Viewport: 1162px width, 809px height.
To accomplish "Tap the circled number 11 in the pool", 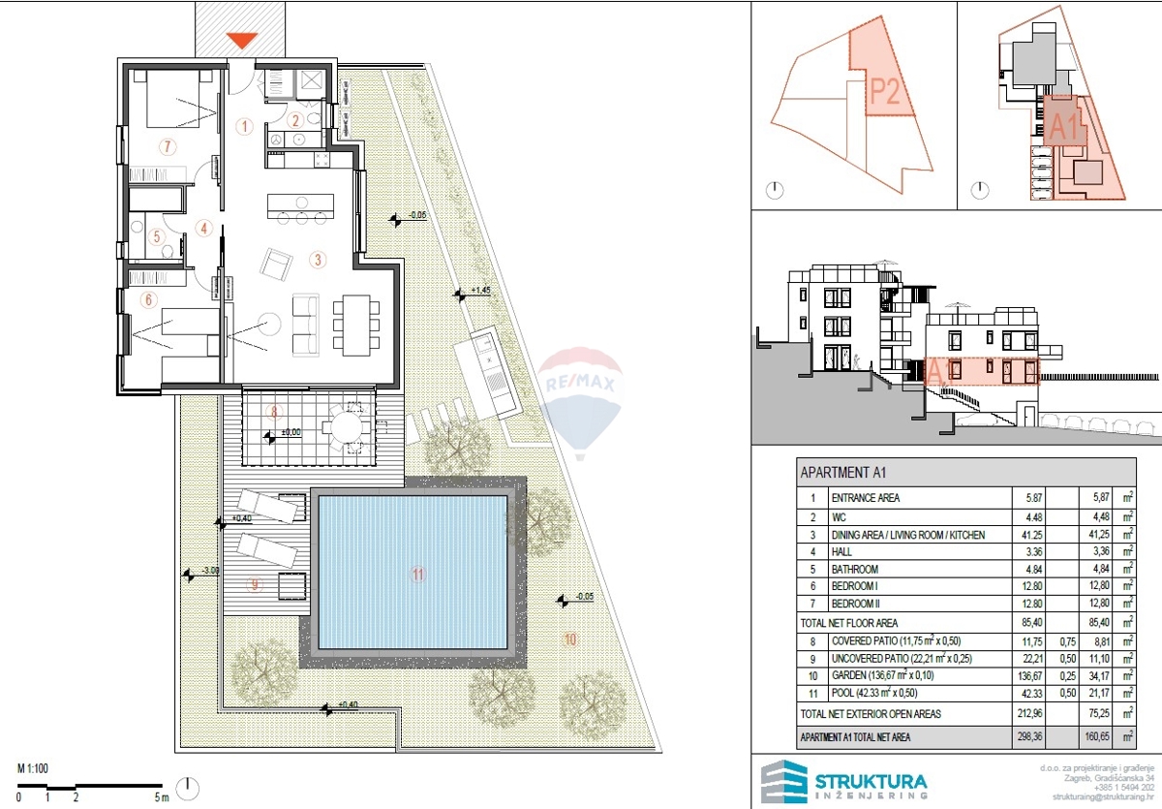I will tap(418, 574).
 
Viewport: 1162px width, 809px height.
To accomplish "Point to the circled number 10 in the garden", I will tap(570, 638).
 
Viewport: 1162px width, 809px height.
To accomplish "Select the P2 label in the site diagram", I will tap(885, 91).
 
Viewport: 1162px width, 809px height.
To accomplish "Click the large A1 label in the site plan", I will tap(1065, 128).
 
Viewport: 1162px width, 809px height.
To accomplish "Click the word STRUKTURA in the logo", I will tap(870, 780).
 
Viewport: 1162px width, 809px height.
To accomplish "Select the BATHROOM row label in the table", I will tap(854, 569).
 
